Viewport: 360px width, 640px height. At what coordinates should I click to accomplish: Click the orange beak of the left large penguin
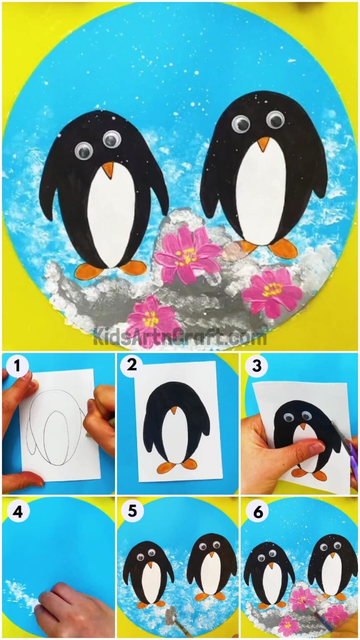(x=108, y=169)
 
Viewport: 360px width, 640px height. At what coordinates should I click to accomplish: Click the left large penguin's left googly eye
(x=83, y=150)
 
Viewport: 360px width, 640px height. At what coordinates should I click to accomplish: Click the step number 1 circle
(x=17, y=366)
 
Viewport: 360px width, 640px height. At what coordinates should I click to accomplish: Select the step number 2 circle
(x=132, y=366)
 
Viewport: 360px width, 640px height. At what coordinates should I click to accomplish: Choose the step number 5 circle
(x=132, y=511)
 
